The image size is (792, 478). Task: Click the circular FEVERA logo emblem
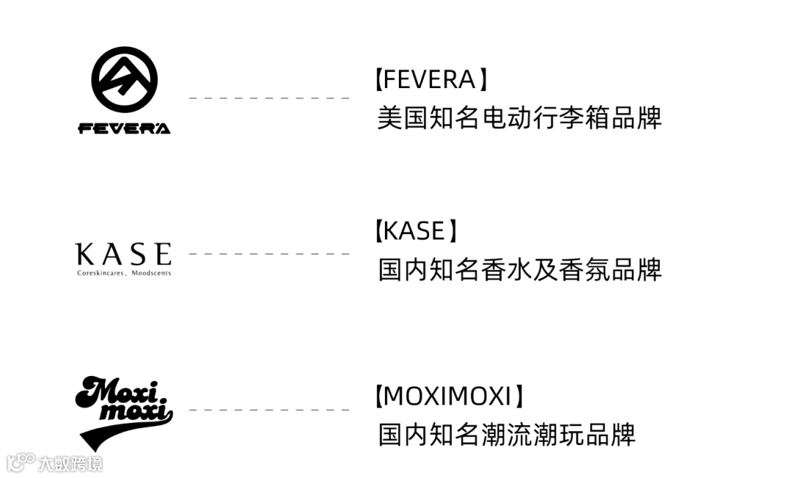pos(124,80)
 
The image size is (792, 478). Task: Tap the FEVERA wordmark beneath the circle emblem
pos(124,128)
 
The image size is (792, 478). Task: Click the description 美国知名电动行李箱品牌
pos(519,117)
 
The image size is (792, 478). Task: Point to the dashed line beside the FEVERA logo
pos(268,98)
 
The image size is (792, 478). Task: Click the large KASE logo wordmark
pos(124,254)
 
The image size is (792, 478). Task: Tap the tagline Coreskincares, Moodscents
pos(124,273)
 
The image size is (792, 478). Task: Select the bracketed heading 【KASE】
pos(415,231)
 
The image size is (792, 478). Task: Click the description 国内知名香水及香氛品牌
pos(519,270)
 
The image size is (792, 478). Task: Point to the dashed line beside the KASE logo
pos(268,254)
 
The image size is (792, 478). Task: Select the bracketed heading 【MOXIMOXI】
pos(447,397)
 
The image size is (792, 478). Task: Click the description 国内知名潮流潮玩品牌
pos(506,435)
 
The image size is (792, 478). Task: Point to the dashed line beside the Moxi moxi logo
pos(268,410)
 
